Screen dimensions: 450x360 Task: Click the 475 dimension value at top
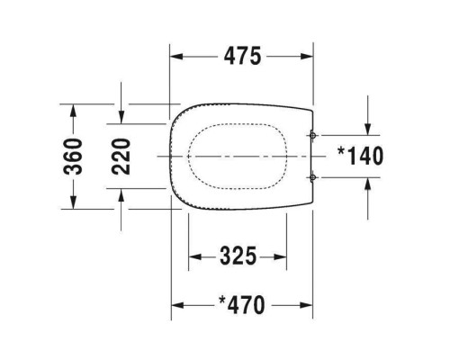click(243, 56)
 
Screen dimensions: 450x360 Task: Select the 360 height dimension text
click(73, 157)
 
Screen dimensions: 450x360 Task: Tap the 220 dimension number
click(121, 157)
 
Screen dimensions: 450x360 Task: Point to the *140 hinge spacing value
click(360, 156)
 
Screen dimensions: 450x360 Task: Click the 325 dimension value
click(238, 256)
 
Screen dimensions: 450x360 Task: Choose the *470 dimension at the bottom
click(242, 305)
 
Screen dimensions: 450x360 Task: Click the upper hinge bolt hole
click(312, 136)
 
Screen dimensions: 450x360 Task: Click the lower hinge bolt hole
click(312, 177)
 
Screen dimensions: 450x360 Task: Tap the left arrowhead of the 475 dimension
click(176, 56)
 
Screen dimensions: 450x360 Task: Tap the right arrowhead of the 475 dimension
click(307, 56)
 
